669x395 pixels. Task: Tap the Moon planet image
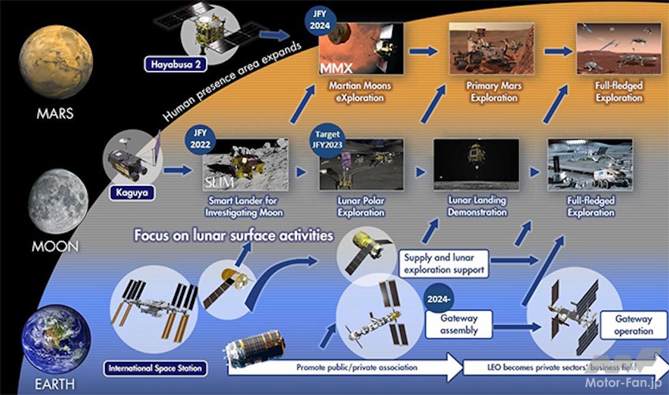pos(57,201)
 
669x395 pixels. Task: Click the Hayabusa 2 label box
pos(176,63)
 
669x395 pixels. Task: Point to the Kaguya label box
pos(132,192)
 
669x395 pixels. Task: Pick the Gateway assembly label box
pos(459,324)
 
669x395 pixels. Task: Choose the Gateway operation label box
pos(633,325)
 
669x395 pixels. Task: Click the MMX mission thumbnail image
pos(361,48)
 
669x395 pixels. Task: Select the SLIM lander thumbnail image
pos(245,164)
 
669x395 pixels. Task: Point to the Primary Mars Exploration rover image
pos(491,48)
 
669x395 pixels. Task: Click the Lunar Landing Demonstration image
pos(476,164)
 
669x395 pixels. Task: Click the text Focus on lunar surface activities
pos(234,236)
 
